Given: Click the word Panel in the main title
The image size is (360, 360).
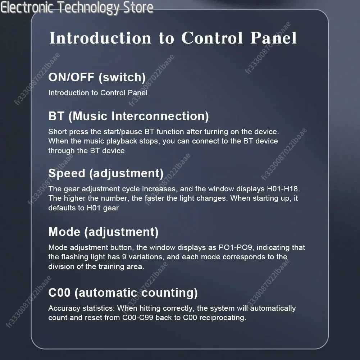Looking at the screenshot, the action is [273, 38].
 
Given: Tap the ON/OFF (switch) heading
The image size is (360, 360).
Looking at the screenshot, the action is [97, 77].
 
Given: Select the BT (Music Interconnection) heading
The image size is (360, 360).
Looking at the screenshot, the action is [129, 116].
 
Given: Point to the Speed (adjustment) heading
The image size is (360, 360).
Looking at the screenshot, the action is [106, 173].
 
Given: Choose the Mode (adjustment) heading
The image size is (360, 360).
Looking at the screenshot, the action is [103, 232].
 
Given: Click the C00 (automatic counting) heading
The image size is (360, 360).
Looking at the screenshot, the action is [123, 293].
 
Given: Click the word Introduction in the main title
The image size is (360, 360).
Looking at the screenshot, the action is [100, 38].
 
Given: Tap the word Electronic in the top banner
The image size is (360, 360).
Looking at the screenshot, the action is [26, 8].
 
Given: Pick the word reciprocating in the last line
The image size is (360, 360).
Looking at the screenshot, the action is [223, 318].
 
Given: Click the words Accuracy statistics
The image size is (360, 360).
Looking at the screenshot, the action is [82, 308].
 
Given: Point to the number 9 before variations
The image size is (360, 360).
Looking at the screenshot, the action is [124, 257].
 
